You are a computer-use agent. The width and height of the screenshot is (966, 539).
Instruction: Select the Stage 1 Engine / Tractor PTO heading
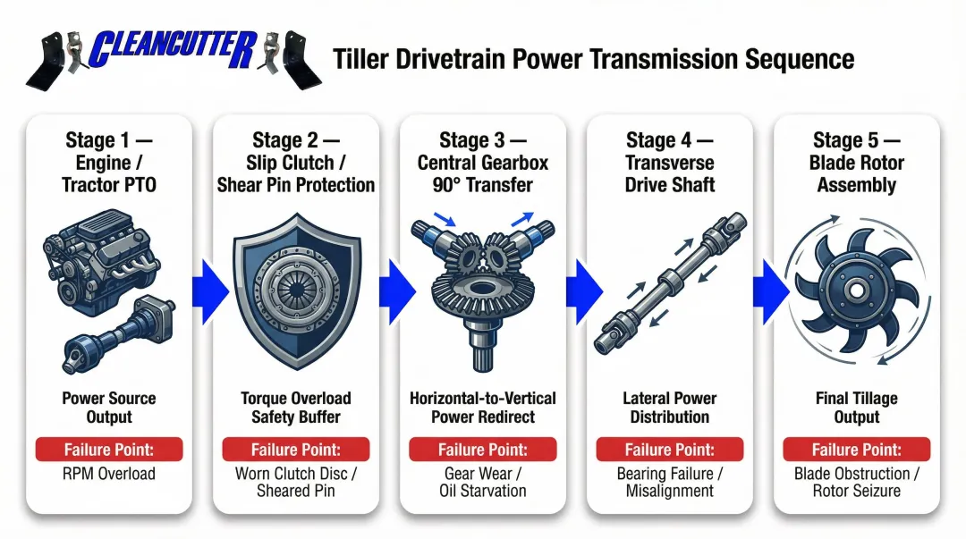[x=108, y=163]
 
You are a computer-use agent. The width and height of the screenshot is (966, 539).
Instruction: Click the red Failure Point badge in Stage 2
[x=295, y=450]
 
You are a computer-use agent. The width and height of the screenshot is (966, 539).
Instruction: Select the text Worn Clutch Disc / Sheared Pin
[x=295, y=483]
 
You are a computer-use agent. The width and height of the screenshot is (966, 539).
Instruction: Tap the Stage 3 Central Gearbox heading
[x=482, y=163]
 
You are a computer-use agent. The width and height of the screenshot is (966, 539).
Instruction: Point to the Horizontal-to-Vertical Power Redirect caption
[x=482, y=408]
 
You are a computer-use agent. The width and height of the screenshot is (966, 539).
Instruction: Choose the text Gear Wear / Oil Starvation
[x=482, y=483]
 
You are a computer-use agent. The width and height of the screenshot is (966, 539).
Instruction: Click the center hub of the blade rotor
[x=854, y=291]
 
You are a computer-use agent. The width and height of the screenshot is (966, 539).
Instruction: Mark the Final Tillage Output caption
[x=856, y=408]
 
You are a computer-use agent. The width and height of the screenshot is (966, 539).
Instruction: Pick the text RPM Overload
[x=108, y=474]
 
